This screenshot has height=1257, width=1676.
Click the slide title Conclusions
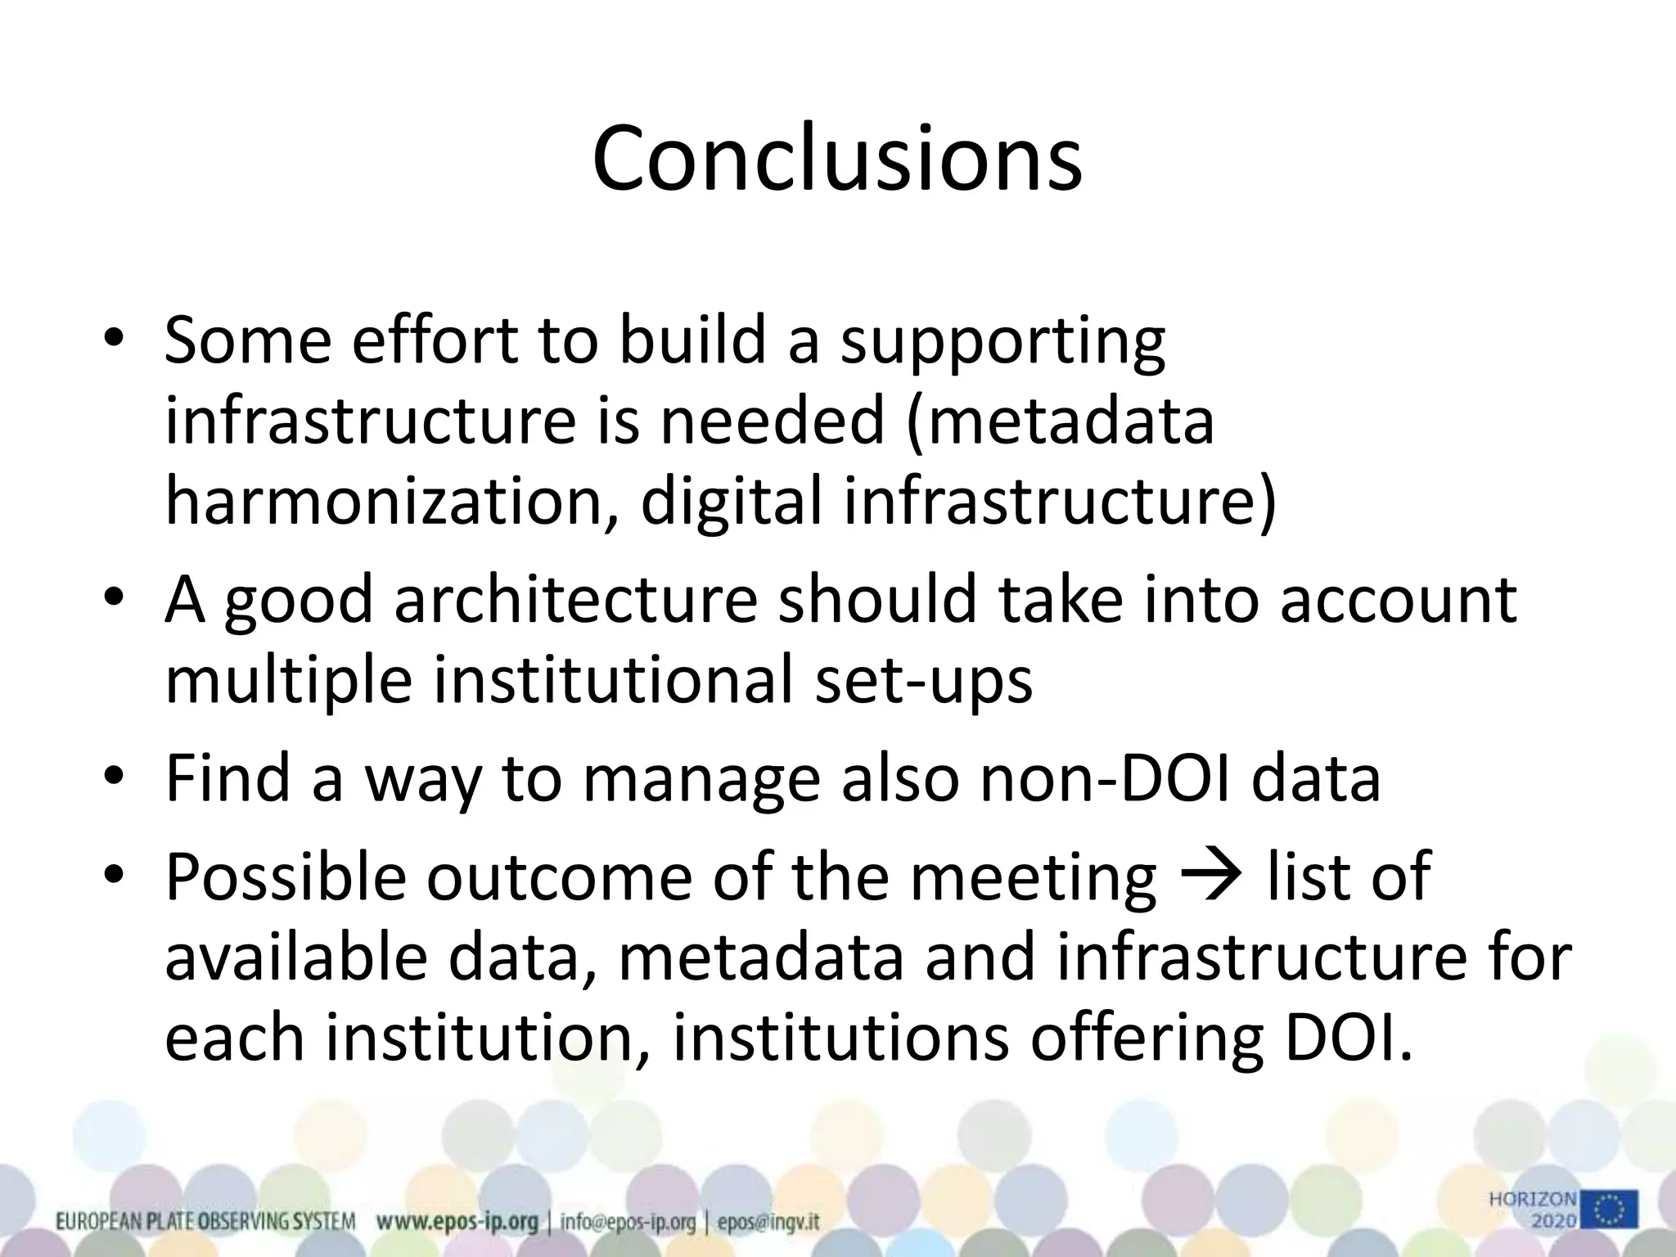click(x=836, y=160)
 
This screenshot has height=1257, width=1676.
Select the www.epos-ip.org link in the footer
click(x=457, y=1223)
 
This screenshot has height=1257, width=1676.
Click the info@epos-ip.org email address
click(x=628, y=1223)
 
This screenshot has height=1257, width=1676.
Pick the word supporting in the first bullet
click(x=1002, y=341)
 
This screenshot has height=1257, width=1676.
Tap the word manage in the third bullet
click(x=701, y=778)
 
